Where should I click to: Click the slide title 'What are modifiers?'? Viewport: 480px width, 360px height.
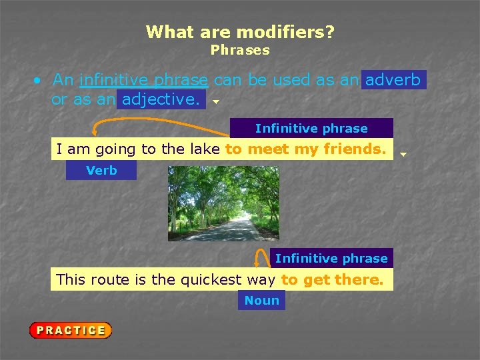pyautogui.click(x=240, y=31)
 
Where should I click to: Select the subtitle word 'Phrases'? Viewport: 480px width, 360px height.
pyautogui.click(x=240, y=50)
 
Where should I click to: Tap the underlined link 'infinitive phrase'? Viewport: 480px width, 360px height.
pyautogui.click(x=143, y=80)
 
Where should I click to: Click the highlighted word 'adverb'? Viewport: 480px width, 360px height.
pyautogui.click(x=393, y=80)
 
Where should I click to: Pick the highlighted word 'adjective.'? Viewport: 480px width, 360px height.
pyautogui.click(x=161, y=100)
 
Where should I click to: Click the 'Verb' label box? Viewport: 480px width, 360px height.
pyautogui.click(x=101, y=171)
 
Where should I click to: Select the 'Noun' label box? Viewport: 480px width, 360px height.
pyautogui.click(x=261, y=301)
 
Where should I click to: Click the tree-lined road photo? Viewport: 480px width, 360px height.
pyautogui.click(x=223, y=203)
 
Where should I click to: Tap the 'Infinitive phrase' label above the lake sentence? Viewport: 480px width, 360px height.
pyautogui.click(x=311, y=128)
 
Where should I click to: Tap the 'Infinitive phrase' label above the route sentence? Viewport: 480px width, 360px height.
pyautogui.click(x=331, y=258)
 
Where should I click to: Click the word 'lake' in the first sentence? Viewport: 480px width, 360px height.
pyautogui.click(x=205, y=149)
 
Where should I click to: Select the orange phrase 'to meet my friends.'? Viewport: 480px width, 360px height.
pyautogui.click(x=306, y=149)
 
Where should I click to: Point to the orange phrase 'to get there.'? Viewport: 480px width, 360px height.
pyautogui.click(x=333, y=279)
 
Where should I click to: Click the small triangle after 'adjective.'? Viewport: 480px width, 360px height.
pyautogui.click(x=215, y=103)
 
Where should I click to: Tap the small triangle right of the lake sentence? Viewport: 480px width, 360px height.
pyautogui.click(x=403, y=155)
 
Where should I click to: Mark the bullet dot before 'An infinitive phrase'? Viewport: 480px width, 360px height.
pyautogui.click(x=39, y=81)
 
